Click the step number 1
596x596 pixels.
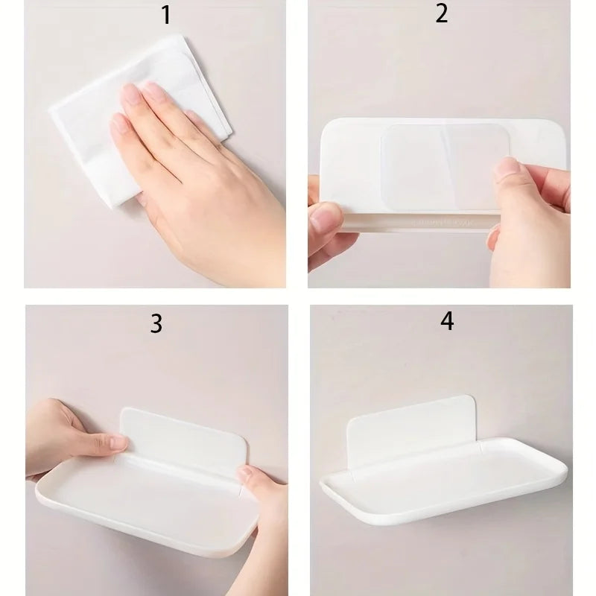166,15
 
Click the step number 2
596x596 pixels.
441,13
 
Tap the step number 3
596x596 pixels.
156,324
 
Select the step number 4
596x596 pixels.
447,321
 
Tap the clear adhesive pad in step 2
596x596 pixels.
446,167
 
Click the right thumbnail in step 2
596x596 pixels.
508,166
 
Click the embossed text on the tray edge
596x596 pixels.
442,222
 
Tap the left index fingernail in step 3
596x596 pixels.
118,442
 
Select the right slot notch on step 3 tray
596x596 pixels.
241,491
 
